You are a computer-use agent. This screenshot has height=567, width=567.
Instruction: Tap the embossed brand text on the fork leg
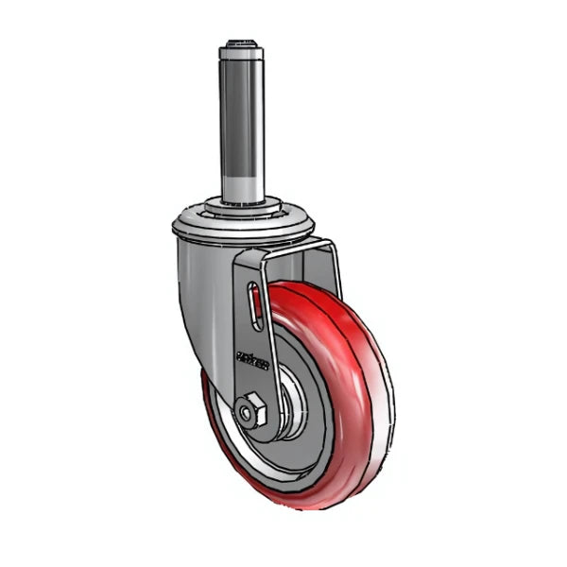253,359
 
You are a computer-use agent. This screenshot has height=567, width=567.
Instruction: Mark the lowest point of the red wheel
302,507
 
